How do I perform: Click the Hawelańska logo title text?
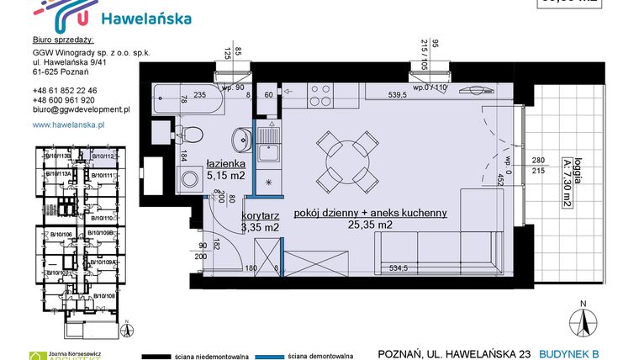click(145, 18)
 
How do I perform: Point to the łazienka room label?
click(225, 164)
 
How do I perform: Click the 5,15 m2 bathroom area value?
click(225, 176)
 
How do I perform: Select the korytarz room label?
click(259, 216)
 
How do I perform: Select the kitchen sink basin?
click(269, 153)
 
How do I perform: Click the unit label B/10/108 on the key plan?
click(104, 296)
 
